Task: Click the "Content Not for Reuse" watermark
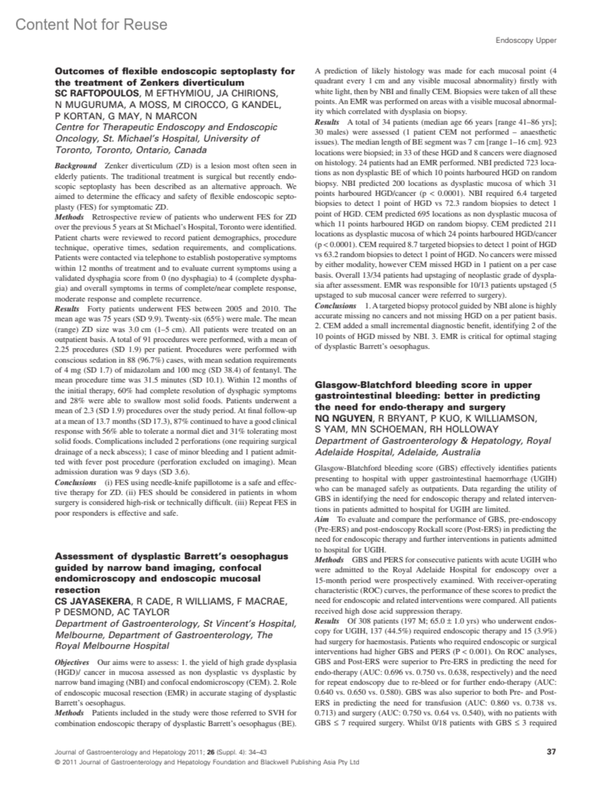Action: [92, 24]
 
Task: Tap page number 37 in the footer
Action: [551, 752]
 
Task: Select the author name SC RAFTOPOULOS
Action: [97, 94]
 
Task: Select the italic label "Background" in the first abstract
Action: [75, 166]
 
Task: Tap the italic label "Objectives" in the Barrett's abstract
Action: [72, 662]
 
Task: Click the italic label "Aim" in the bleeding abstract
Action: [322, 519]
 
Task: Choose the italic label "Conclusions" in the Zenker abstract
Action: [75, 482]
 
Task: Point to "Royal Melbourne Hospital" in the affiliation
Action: [112, 646]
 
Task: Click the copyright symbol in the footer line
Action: [57, 762]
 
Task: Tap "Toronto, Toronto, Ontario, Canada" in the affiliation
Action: [131, 150]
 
